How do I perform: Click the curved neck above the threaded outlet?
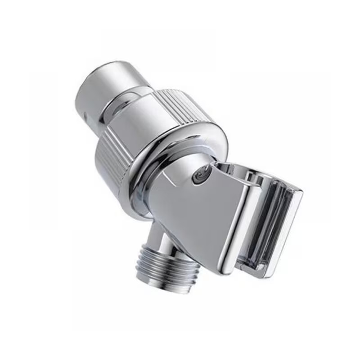click(x=157, y=238)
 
